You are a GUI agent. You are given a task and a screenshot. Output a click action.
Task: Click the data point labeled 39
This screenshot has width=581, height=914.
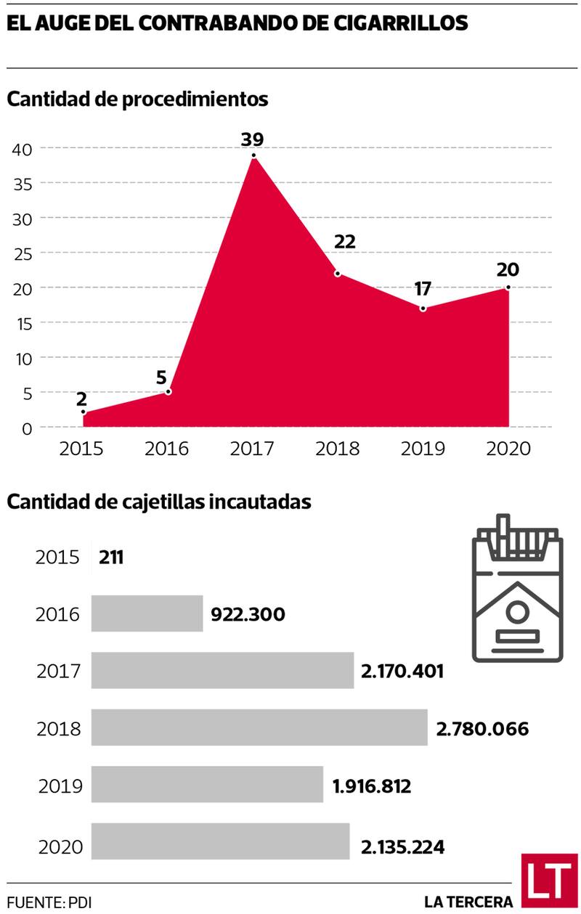253,155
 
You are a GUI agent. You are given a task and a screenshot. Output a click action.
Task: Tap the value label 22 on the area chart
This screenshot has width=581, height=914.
345,242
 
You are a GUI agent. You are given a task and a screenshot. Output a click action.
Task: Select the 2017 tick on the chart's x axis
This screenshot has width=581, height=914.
252,448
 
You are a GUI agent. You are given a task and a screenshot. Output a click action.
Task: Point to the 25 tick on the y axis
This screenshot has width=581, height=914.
23,253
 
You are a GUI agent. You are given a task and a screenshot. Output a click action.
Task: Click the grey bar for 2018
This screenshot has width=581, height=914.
259,728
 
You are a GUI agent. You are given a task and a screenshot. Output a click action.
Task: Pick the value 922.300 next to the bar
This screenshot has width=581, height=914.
248,614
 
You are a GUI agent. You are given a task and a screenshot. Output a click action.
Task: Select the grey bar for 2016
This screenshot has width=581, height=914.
147,613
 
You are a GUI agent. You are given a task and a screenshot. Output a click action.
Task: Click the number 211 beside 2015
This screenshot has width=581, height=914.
111,558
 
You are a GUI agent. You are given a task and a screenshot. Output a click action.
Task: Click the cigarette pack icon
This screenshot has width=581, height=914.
518,589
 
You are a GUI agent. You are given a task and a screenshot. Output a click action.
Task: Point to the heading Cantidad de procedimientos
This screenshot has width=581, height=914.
137,99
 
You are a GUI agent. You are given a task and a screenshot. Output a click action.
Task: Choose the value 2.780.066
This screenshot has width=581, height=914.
482,729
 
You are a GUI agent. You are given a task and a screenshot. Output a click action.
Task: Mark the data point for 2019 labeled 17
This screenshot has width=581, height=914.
423,309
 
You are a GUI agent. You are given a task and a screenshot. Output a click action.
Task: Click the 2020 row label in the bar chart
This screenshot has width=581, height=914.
60,846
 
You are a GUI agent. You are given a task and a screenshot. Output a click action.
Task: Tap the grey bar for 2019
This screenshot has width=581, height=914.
207,785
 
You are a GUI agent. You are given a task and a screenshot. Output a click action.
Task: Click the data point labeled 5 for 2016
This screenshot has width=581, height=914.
168,392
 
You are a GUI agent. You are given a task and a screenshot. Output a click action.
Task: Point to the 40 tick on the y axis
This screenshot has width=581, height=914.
23,149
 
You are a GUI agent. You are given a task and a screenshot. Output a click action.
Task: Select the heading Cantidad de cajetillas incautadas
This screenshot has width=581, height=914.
159,501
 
